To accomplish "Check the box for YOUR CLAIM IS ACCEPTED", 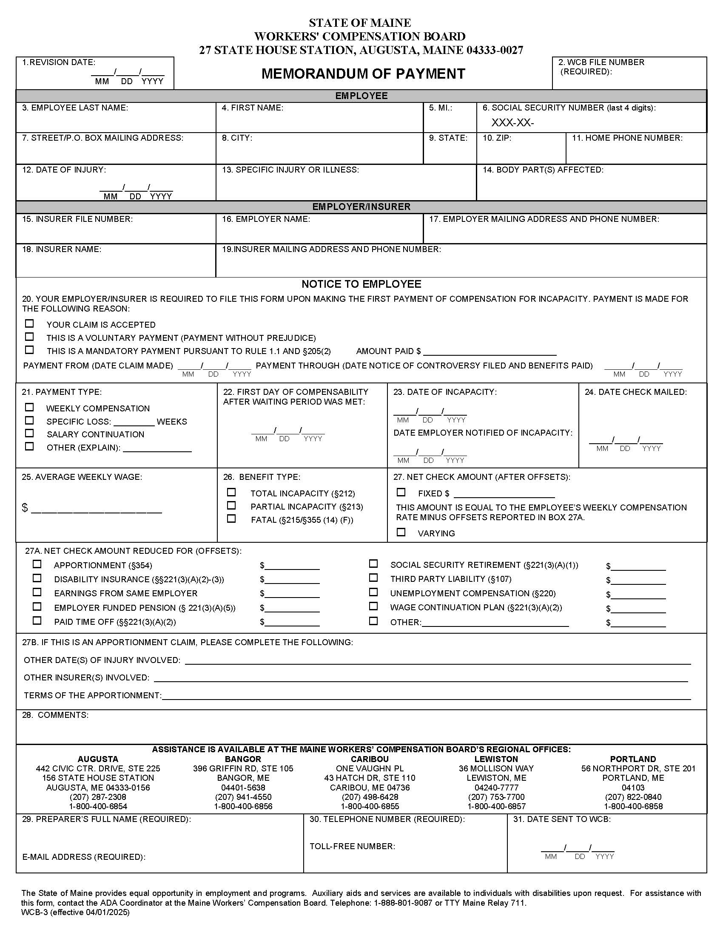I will pyautogui.click(x=29, y=324).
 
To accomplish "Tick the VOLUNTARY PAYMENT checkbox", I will pyautogui.click(x=29, y=337).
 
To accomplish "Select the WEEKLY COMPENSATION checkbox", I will pyautogui.click(x=29, y=407).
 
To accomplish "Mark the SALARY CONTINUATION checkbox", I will pyautogui.click(x=29, y=433).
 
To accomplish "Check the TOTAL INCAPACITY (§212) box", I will pyautogui.click(x=231, y=492).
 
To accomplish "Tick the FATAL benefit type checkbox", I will pyautogui.click(x=231, y=519).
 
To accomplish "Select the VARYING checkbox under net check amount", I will pyautogui.click(x=401, y=532).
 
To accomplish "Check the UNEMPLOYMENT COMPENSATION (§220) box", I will pyautogui.click(x=373, y=592).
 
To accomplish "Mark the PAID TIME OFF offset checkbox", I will pyautogui.click(x=37, y=621).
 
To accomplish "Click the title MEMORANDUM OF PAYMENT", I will pyautogui.click(x=363, y=74).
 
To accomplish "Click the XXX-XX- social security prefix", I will pyautogui.click(x=512, y=123).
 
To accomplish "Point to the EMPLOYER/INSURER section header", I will pyautogui.click(x=361, y=207).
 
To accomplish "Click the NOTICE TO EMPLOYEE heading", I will pyautogui.click(x=361, y=284).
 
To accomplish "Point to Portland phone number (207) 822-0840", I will pyautogui.click(x=633, y=797).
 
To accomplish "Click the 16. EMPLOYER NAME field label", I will pyautogui.click(x=265, y=219).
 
